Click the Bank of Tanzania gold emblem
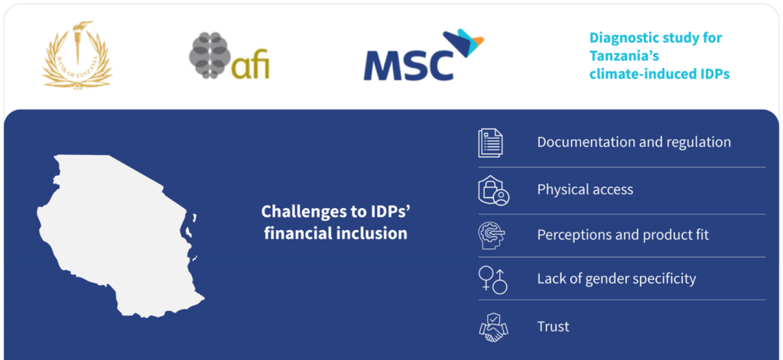tap(77, 55)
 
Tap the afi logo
tap(229, 56)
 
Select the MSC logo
tap(424, 55)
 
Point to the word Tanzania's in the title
tap(624, 56)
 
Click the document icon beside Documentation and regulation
tap(490, 143)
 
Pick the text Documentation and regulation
tap(634, 142)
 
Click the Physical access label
tap(585, 190)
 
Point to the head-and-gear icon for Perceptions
tap(492, 235)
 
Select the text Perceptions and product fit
tap(622, 235)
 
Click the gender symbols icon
tap(493, 279)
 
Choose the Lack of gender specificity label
tap(616, 278)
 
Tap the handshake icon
tap(493, 326)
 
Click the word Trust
tap(554, 326)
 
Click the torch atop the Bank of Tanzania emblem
tap(79, 37)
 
